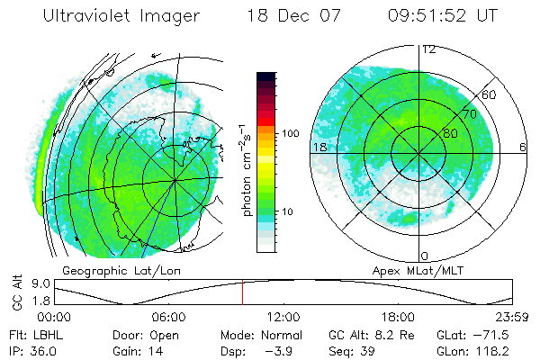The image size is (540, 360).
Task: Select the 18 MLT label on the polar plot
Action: point(319,146)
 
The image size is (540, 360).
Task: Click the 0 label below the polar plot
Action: point(425,256)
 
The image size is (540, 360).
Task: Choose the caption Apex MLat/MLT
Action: point(409,270)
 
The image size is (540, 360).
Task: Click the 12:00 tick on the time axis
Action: point(283,317)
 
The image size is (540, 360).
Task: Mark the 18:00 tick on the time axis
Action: point(398,317)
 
